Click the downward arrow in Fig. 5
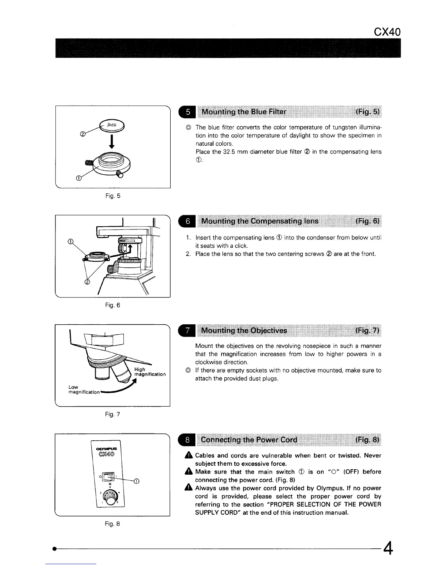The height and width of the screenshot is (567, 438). pyautogui.click(x=112, y=141)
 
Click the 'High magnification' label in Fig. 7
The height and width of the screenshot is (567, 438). pyautogui.click(x=149, y=372)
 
